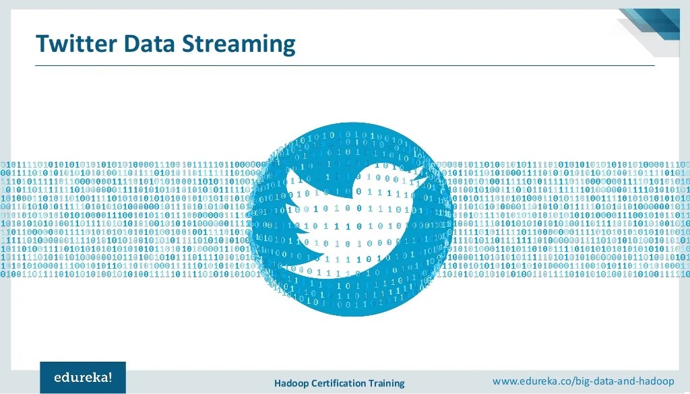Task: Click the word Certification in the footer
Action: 340,383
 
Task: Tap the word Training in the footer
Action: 387,383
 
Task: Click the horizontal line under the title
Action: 344,65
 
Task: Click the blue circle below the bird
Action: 350,296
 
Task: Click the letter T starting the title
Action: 43,44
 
